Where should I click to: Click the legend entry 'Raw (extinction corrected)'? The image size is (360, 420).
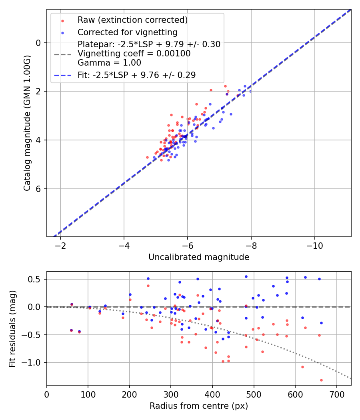(132, 20)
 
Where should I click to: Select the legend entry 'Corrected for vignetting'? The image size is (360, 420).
(127, 32)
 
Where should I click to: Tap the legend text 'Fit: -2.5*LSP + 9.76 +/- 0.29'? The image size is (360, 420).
(136, 75)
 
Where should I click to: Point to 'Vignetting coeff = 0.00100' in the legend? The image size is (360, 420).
(134, 54)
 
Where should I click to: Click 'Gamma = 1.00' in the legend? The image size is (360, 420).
(109, 63)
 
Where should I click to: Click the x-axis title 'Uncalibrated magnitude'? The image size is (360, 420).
(199, 257)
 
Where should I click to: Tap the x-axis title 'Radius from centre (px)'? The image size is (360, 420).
(199, 406)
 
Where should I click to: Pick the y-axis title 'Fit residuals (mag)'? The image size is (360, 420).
(12, 328)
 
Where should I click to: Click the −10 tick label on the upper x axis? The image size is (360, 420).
(314, 245)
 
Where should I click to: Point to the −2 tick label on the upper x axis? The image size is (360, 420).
(60, 245)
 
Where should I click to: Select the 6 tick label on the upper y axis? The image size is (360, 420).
(39, 189)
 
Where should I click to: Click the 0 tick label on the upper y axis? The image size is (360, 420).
(39, 43)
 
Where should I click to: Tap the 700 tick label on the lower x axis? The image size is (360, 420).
(337, 394)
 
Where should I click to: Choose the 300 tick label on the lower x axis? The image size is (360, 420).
(171, 394)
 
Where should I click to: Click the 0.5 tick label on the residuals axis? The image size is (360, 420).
(36, 279)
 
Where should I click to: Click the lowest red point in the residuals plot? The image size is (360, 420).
(321, 380)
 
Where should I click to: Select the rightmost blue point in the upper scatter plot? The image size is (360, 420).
(250, 91)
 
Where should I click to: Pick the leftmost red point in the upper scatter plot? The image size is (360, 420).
(147, 157)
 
